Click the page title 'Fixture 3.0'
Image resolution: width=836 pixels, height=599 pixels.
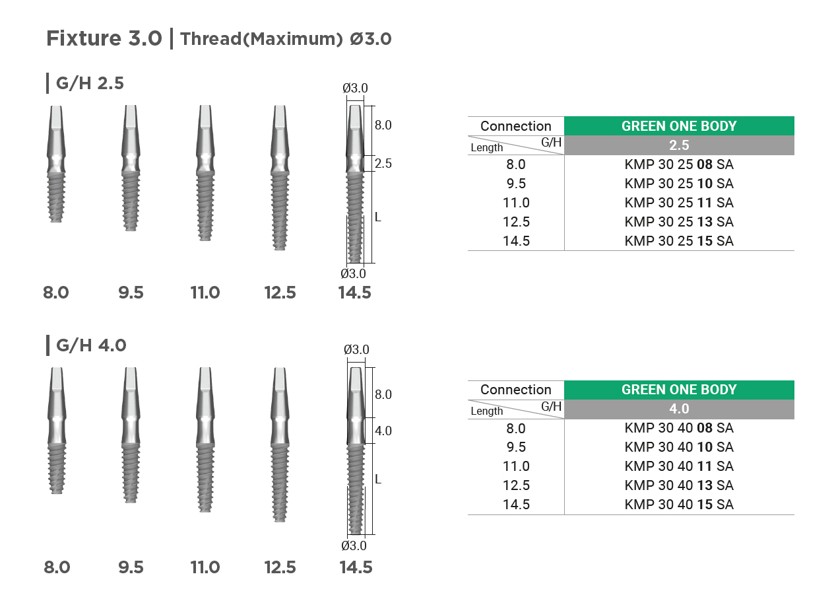coord(104,38)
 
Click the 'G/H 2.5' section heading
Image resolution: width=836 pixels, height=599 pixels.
coord(90,83)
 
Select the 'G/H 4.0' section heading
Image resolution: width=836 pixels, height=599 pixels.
coord(91,345)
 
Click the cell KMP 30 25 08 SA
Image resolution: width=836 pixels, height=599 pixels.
coord(679,164)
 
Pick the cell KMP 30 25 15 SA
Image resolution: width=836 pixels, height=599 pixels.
coord(679,241)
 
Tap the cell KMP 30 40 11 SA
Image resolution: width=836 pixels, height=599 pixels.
coord(679,466)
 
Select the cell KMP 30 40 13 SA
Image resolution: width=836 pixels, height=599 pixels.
coord(679,485)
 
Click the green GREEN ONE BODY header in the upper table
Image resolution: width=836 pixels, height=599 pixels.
coord(679,126)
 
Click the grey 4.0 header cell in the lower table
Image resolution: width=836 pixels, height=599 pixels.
coord(679,409)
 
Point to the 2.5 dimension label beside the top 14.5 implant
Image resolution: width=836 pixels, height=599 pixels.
coord(383,163)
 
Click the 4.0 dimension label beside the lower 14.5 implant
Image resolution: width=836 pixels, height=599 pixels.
coord(383,431)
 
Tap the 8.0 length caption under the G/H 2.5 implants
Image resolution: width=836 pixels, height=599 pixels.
coord(56,293)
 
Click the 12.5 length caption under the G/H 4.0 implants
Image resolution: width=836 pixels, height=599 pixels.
coord(280,567)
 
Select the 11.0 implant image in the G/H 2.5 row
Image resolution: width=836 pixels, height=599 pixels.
coord(205,173)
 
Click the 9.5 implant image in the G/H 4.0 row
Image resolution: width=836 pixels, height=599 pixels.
coord(131,435)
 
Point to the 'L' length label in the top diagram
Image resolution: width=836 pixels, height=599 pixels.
coord(378,217)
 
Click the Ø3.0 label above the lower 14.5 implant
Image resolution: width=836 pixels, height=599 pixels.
coord(356,350)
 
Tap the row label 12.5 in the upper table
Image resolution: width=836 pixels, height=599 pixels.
coord(516,222)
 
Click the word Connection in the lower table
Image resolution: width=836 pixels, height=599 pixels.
coord(516,390)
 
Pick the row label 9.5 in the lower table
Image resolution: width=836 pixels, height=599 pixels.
coord(516,447)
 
